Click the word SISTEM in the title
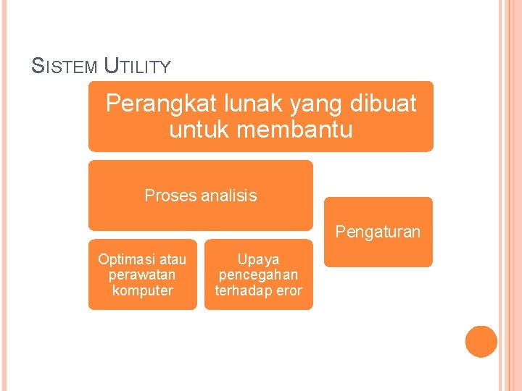(x=65, y=67)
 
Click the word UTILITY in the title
(x=138, y=67)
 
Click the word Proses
(x=170, y=195)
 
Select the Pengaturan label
(x=378, y=232)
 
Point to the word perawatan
(x=142, y=275)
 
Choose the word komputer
(x=142, y=290)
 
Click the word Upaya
(x=258, y=259)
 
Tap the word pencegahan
(x=258, y=275)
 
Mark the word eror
(x=288, y=290)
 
